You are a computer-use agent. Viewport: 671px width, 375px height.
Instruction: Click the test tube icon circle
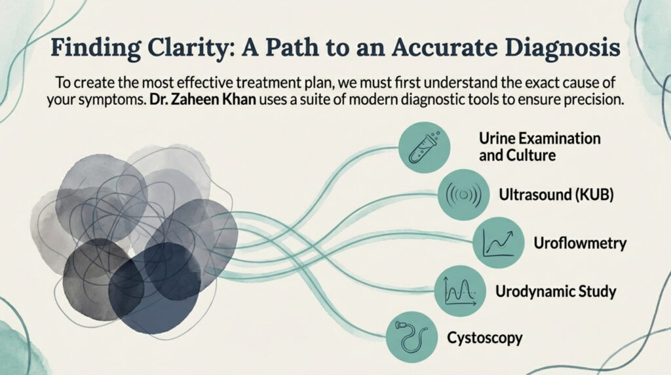(424, 148)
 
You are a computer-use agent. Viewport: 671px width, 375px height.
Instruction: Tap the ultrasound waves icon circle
(463, 195)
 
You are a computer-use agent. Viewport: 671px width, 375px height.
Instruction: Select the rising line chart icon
(498, 243)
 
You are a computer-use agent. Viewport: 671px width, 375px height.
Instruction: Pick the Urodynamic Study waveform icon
(460, 291)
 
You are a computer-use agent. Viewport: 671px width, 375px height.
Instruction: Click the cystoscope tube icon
(412, 338)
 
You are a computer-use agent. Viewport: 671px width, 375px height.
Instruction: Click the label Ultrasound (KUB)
(556, 195)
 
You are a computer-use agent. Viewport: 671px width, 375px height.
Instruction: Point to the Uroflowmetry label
(580, 243)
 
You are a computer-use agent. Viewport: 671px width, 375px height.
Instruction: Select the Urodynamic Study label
(556, 292)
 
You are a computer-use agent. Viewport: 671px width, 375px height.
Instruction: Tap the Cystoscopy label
(485, 338)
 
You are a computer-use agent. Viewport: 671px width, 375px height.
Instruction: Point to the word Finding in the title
(95, 48)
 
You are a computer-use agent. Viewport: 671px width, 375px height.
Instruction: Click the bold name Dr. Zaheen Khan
(203, 100)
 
